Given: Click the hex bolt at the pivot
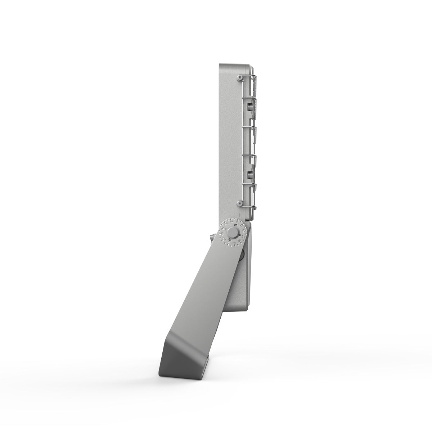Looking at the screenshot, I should point(233,232).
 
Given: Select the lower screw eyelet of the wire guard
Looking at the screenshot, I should point(239,204).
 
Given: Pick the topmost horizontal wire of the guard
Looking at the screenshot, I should point(248,76).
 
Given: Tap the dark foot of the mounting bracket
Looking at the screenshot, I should point(180,364).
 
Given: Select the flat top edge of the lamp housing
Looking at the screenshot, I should point(232,64).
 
